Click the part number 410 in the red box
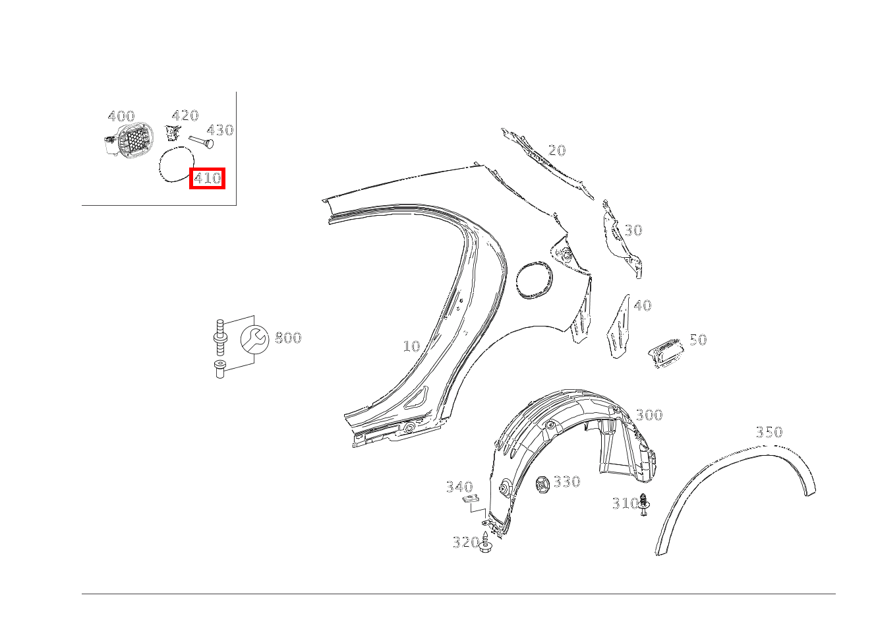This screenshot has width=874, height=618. tap(207, 179)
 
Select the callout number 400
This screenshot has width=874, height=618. tap(121, 116)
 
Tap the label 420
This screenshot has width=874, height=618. tap(185, 115)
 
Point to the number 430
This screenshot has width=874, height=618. tap(220, 130)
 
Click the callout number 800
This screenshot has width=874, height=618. tap(288, 338)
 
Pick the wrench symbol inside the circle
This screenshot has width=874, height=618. tap(254, 338)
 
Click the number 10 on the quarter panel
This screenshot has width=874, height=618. tap(411, 346)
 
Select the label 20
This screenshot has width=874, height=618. tap(557, 150)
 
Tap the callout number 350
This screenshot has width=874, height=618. tap(769, 432)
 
